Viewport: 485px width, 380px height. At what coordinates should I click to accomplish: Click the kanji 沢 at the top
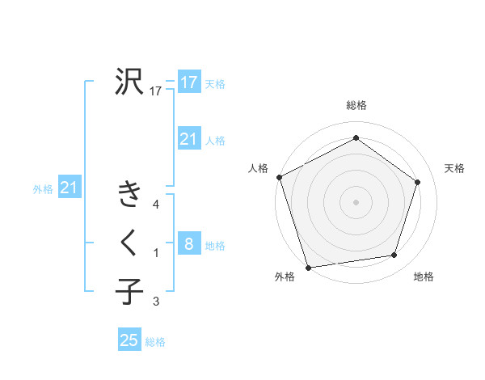pos(129,82)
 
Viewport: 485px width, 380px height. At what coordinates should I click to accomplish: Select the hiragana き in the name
pos(129,195)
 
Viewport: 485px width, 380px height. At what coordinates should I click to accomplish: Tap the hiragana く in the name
pos(129,243)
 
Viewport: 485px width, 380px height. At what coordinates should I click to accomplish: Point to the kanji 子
pos(129,290)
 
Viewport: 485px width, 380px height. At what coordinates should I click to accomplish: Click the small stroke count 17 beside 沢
pos(156,92)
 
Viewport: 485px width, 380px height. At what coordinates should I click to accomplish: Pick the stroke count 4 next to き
pos(156,205)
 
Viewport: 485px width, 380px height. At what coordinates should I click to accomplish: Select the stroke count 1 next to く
pos(156,254)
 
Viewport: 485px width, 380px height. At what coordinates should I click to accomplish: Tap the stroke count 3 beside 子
pos(156,302)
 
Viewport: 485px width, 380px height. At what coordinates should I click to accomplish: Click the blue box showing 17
pos(189,82)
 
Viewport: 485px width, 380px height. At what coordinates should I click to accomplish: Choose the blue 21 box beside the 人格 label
pos(189,139)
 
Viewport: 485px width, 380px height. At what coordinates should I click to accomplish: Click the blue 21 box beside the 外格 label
pos(70,188)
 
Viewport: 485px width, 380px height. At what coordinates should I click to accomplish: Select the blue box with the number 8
pos(189,244)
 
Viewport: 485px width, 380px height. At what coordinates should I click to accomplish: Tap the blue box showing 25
pos(129,340)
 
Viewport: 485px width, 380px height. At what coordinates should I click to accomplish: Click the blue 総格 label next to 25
pos(155,342)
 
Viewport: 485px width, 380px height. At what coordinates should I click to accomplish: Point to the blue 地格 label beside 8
pos(215,246)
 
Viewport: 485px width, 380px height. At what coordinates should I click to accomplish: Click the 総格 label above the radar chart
pos(356,106)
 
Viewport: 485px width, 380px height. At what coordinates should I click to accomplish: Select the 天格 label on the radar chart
pos(455,168)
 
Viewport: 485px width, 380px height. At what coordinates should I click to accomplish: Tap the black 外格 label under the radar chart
pos(285,277)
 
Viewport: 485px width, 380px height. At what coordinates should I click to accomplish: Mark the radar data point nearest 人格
pos(279,177)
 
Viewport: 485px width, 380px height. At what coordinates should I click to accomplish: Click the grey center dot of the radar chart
pos(356,201)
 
